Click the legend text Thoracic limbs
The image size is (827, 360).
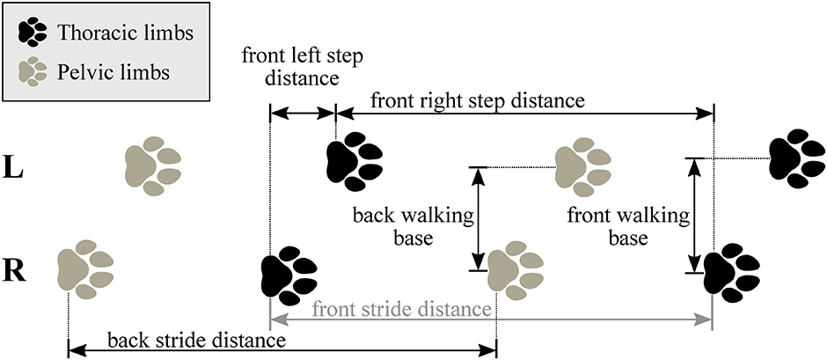click(x=125, y=33)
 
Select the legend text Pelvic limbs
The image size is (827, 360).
click(x=113, y=70)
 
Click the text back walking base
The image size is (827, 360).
click(x=413, y=226)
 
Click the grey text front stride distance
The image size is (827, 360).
click(x=400, y=309)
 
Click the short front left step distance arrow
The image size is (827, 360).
click(x=302, y=113)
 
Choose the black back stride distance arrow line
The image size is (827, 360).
click(x=370, y=350)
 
